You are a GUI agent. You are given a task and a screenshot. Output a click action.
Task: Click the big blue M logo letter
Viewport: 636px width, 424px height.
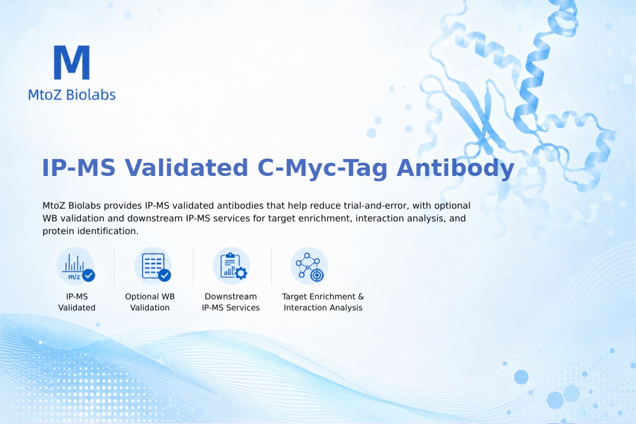click(72, 63)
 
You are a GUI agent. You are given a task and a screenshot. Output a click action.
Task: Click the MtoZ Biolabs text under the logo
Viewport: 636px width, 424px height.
click(72, 94)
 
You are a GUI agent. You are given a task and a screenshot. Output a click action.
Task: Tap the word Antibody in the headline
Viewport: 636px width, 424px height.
click(455, 168)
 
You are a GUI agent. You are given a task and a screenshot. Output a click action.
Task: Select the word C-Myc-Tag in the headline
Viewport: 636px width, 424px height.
click(322, 168)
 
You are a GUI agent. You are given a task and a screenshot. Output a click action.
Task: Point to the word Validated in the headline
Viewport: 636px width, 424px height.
click(187, 168)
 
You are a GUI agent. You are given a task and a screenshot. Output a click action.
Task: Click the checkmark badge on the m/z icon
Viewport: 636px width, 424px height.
click(89, 275)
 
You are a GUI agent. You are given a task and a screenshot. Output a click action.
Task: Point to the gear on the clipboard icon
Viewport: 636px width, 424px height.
click(241, 273)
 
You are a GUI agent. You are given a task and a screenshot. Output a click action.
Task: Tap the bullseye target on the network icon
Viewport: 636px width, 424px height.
click(316, 275)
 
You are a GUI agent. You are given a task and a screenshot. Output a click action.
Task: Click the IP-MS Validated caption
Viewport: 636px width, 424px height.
click(77, 302)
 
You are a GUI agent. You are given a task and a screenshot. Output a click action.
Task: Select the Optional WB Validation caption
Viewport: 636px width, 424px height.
click(150, 302)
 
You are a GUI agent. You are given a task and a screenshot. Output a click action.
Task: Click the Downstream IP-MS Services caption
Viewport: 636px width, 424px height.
click(231, 302)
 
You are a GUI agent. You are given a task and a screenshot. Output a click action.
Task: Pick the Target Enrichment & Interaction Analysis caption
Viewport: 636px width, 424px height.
click(323, 302)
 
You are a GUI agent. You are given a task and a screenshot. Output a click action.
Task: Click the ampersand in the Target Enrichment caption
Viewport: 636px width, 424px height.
click(361, 296)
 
